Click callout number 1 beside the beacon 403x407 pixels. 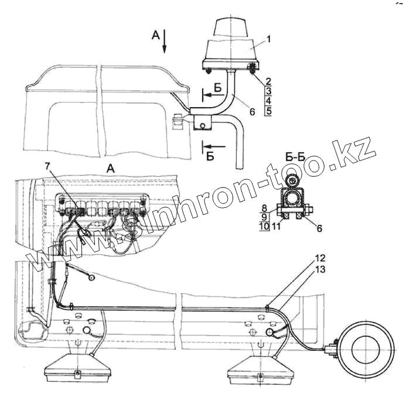click(268, 39)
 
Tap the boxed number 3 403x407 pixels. click(268, 91)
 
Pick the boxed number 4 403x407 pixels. click(268, 101)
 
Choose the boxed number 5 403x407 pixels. click(268, 111)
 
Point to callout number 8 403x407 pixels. click(265, 207)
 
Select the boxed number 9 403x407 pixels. click(264, 217)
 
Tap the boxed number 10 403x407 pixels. click(264, 226)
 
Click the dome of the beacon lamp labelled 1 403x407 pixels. click(232, 28)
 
